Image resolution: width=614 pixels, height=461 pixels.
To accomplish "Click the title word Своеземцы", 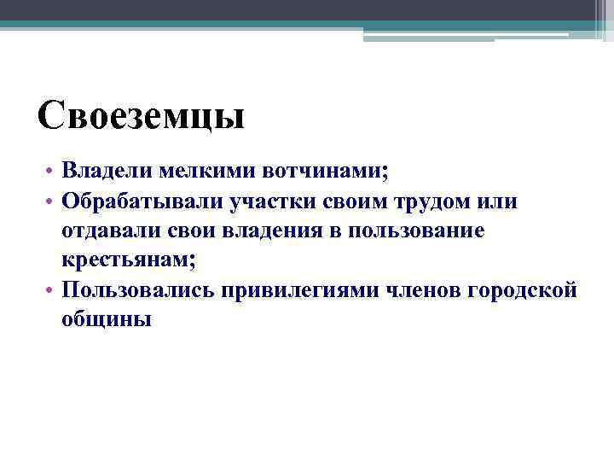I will (x=142, y=114).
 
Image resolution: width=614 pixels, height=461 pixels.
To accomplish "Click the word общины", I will (x=107, y=318).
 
